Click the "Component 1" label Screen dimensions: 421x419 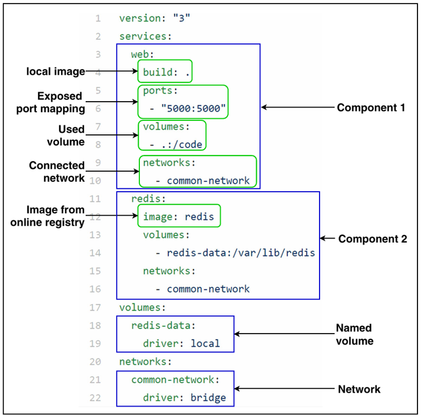pos(371,108)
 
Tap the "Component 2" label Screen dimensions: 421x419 pos(373,238)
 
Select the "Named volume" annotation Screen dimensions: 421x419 pos(355,334)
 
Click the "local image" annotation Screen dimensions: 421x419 pos(55,71)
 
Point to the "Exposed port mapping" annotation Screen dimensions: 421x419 pos(51,102)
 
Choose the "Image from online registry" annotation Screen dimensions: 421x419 pos(48,216)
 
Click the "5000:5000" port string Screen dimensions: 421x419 pos(194,109)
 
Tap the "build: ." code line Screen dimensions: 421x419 pos(166,72)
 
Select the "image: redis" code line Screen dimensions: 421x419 pos(178,217)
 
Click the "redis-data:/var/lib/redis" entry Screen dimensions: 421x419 pos(241,253)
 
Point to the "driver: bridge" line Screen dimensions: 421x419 pos(184,397)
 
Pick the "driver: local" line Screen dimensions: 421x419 pos(181,344)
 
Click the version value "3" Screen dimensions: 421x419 pos(182,18)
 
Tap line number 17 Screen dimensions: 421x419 pos(95,307)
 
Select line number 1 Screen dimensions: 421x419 pos(98,18)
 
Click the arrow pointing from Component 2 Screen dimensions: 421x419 pos(327,238)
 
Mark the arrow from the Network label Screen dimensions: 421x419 pos(285,389)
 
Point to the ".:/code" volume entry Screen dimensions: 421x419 pos(182,145)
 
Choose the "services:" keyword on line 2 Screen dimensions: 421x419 pos(145,36)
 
